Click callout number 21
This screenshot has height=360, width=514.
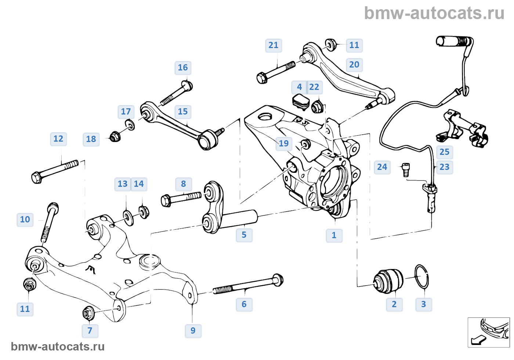[274, 46]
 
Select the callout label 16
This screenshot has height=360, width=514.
[183, 68]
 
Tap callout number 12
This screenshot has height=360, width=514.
[58, 139]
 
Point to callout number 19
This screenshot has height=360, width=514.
[284, 143]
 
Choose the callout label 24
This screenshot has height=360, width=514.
[382, 167]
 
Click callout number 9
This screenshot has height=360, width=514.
[193, 331]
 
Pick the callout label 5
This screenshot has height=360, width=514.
[244, 235]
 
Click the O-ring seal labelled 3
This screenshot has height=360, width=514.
[421, 276]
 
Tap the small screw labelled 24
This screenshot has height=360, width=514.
[406, 170]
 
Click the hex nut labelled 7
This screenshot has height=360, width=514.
[88, 313]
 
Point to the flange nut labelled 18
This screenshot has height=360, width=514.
[115, 137]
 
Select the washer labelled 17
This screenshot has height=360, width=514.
[130, 125]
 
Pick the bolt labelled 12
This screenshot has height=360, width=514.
[55, 171]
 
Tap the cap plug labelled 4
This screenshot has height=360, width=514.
[301, 101]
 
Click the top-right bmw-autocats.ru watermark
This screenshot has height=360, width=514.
[434, 13]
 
